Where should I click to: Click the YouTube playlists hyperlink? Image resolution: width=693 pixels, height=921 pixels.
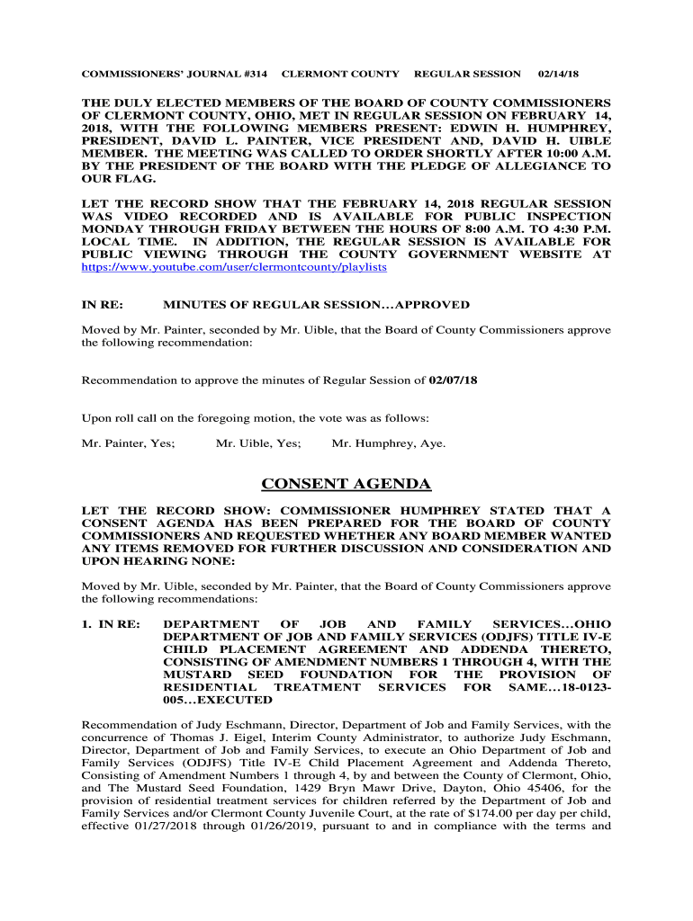pos(234,268)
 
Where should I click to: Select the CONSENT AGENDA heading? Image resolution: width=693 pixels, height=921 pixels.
pos(346,485)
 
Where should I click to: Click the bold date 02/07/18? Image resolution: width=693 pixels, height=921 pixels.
pos(453,380)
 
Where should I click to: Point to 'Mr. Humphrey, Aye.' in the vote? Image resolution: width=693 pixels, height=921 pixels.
pos(389,443)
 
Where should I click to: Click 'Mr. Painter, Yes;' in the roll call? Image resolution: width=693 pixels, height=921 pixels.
pos(129,443)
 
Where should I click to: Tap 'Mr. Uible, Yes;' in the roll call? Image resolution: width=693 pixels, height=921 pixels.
pos(258,443)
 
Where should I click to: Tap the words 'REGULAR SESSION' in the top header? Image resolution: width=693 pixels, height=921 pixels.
pos(466,74)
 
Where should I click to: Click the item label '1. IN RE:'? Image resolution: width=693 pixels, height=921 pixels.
pos(111,624)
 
